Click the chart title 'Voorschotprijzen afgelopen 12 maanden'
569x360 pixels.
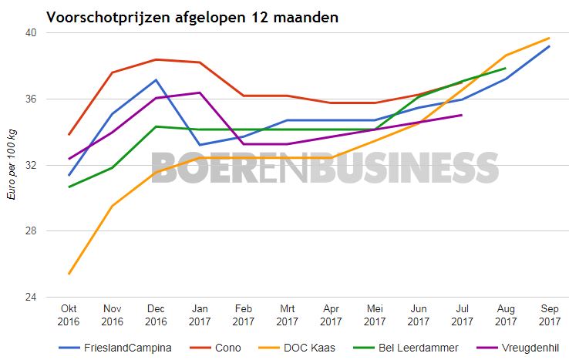[191, 16]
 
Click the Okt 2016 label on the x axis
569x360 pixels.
[69, 314]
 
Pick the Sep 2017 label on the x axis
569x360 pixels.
[549, 314]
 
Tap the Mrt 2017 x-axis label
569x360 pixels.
[287, 314]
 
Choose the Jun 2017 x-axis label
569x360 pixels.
[418, 314]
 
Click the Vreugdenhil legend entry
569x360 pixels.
[527, 348]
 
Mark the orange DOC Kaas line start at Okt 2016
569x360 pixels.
[69, 274]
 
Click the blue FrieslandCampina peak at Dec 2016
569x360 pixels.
[157, 79]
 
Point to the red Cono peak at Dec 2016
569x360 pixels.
[157, 59]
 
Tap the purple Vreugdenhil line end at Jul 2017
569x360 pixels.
[462, 115]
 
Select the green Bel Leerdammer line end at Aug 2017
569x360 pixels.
[505, 68]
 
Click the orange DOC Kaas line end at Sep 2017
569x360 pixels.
[549, 38]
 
